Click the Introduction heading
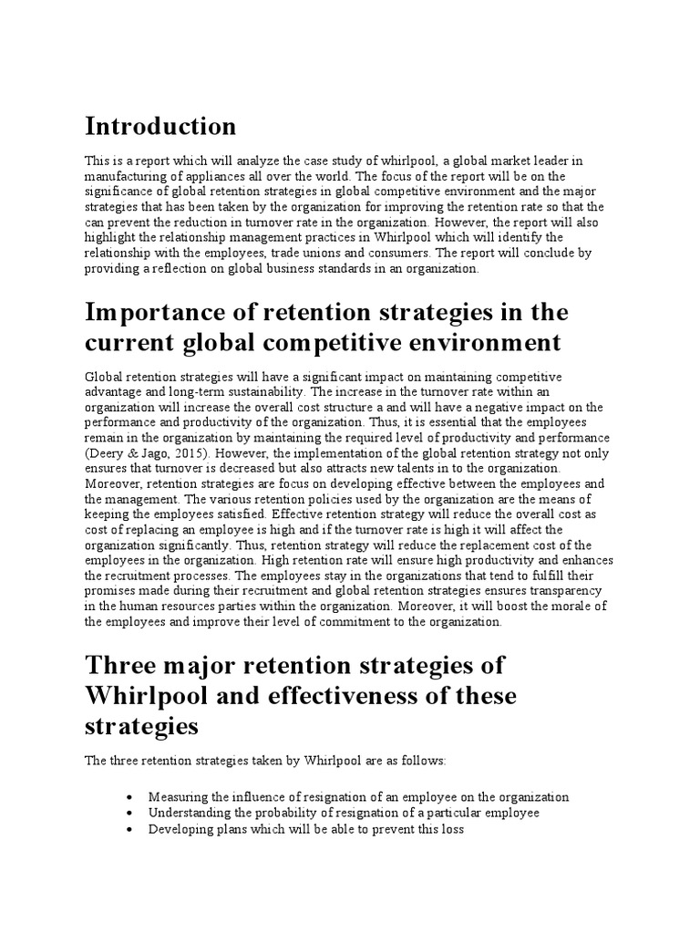160,125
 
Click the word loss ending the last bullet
452,829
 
